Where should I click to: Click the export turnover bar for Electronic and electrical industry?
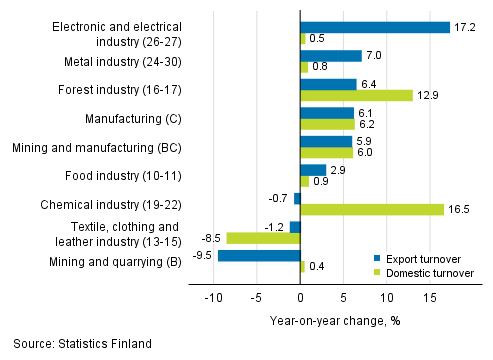click(x=375, y=27)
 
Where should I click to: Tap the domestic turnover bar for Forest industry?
click(x=356, y=95)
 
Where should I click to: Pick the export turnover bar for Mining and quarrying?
click(x=259, y=256)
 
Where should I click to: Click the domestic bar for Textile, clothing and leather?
click(x=263, y=238)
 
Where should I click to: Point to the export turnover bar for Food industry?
click(x=313, y=170)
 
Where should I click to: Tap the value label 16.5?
click(x=459, y=210)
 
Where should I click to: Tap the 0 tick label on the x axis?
click(x=300, y=297)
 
